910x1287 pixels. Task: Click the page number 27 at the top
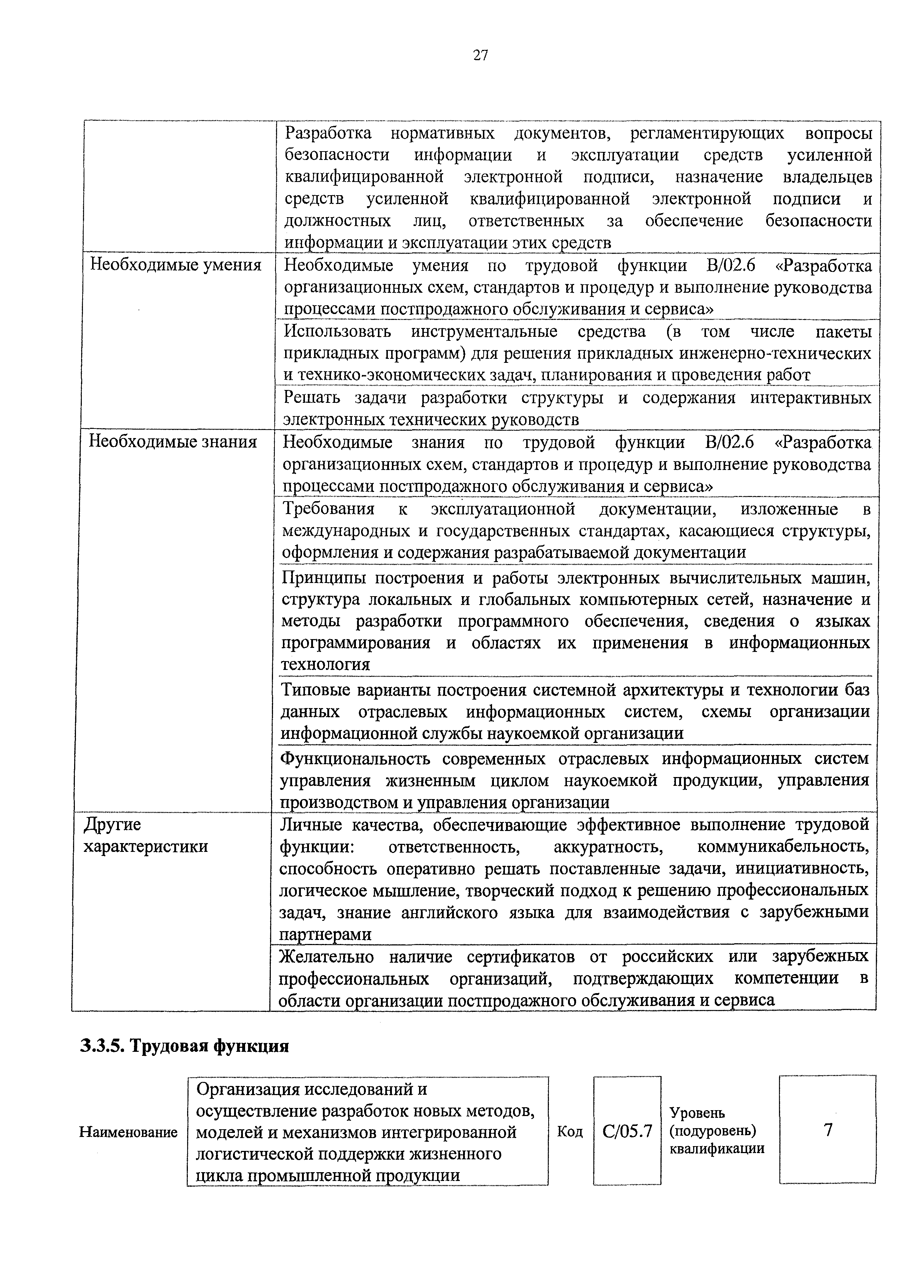point(481,55)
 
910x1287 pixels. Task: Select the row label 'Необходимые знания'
point(173,442)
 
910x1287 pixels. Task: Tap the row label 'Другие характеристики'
point(145,835)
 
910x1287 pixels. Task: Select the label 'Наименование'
point(128,1132)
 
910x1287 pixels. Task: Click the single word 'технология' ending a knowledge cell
point(325,665)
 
